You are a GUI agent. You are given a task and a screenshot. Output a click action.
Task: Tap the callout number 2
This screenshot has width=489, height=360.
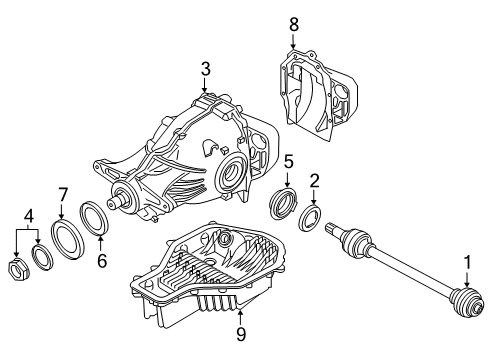(x=315, y=181)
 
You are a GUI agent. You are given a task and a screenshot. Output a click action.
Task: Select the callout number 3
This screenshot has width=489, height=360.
(x=204, y=68)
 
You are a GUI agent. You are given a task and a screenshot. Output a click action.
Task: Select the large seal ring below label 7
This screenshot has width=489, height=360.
(x=70, y=241)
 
